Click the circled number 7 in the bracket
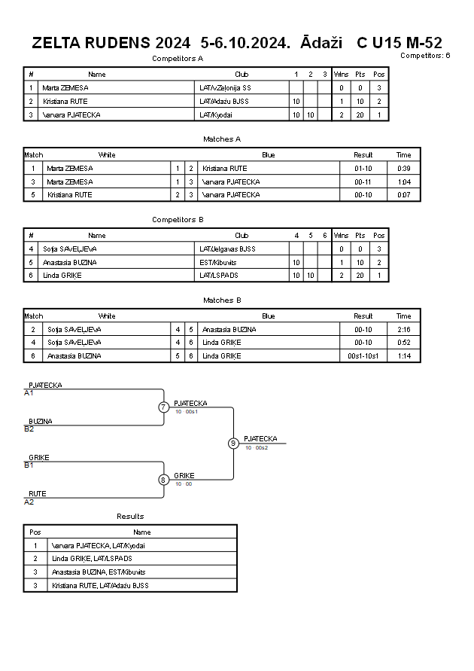point(163,407)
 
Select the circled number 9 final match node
point(233,444)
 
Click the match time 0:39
point(404,169)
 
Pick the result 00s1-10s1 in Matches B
point(363,356)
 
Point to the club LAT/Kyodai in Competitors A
point(216,114)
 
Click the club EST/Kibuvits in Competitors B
point(218,262)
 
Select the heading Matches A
point(222,139)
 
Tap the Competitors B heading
point(178,220)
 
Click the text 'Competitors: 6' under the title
point(425,55)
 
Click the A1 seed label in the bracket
point(29,393)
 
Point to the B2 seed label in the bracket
point(29,429)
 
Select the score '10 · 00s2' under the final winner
point(257,447)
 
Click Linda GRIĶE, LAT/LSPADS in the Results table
point(92,559)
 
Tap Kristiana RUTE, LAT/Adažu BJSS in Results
point(100,585)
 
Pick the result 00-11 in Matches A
point(363,182)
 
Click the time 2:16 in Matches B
point(404,330)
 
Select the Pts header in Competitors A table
point(360,75)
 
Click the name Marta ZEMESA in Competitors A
point(65,87)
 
